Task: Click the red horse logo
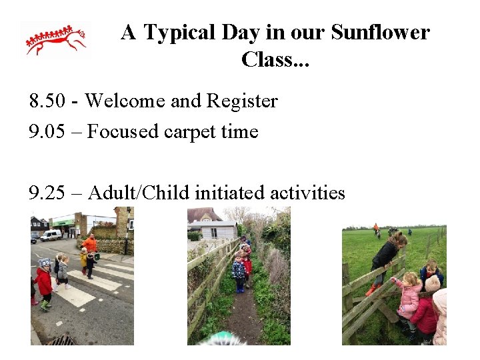(56, 40)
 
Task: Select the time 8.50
(47, 101)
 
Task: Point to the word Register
(242, 101)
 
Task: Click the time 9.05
(47, 132)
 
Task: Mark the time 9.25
(47, 193)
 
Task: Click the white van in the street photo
(51, 235)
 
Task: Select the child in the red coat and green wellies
(44, 284)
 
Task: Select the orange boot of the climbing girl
(371, 290)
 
